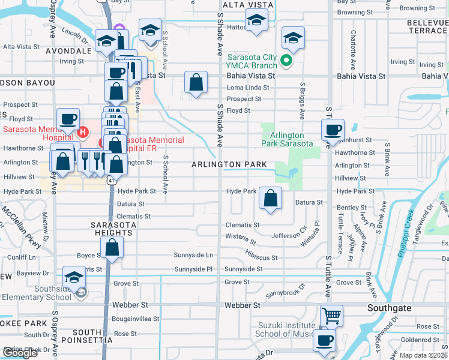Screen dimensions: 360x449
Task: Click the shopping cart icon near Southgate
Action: (x=331, y=314)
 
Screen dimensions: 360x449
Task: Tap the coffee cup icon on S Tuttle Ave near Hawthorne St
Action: (x=333, y=129)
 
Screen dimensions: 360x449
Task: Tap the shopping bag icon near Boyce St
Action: (x=112, y=247)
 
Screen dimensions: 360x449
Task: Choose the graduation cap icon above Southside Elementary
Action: (x=74, y=277)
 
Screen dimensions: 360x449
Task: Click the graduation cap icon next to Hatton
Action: (x=257, y=22)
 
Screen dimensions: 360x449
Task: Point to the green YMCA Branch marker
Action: (x=287, y=59)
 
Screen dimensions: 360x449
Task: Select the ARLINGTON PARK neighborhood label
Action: (x=229, y=164)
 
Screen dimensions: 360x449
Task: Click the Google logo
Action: (x=20, y=353)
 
